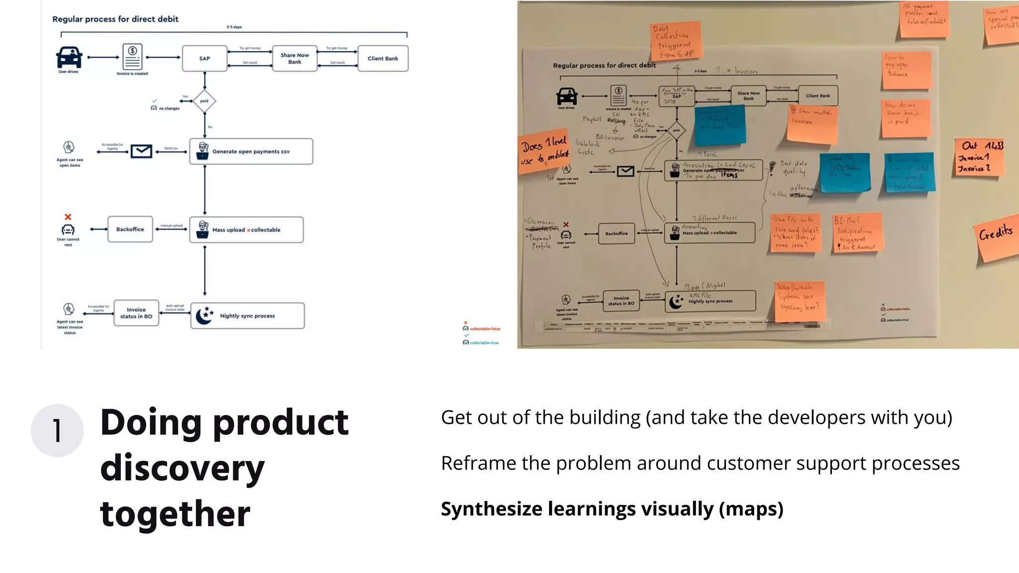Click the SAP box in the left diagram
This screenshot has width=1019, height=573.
(204, 59)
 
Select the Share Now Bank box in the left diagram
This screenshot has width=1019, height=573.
(295, 59)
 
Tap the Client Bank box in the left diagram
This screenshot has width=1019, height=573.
(383, 59)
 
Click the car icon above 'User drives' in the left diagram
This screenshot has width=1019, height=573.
(69, 57)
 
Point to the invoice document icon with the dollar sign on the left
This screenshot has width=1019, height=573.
(132, 57)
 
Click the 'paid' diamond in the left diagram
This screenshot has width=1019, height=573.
(204, 101)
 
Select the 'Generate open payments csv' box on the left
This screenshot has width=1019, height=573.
(251, 151)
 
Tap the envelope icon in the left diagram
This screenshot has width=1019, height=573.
(141, 151)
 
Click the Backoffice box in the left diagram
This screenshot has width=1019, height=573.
(130, 229)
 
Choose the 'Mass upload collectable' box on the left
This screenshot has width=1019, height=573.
(246, 230)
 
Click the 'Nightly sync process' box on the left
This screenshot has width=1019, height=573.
(247, 316)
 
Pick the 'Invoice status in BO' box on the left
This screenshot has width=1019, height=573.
(136, 313)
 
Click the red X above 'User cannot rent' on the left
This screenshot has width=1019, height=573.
(68, 217)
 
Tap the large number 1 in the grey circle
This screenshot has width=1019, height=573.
(57, 431)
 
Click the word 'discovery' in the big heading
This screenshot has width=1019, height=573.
(182, 468)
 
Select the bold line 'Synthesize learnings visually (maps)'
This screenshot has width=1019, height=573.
(612, 509)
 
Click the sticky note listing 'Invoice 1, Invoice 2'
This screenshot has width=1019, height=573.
(979, 157)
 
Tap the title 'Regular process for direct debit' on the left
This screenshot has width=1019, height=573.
(115, 19)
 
